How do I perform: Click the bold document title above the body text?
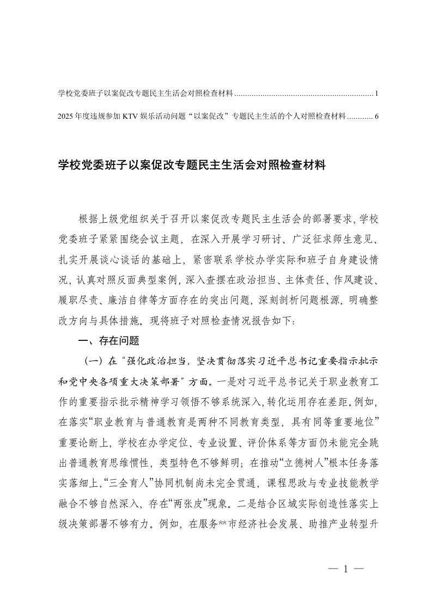[192, 166]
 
